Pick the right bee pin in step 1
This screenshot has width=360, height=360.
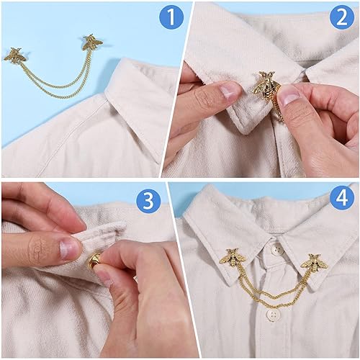91,41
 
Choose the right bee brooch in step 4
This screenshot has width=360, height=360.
315,261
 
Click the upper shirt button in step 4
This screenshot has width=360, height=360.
276,250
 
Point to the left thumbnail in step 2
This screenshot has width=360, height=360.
230,89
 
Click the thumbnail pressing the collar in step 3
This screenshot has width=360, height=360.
70,249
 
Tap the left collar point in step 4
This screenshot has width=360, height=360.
216,266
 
